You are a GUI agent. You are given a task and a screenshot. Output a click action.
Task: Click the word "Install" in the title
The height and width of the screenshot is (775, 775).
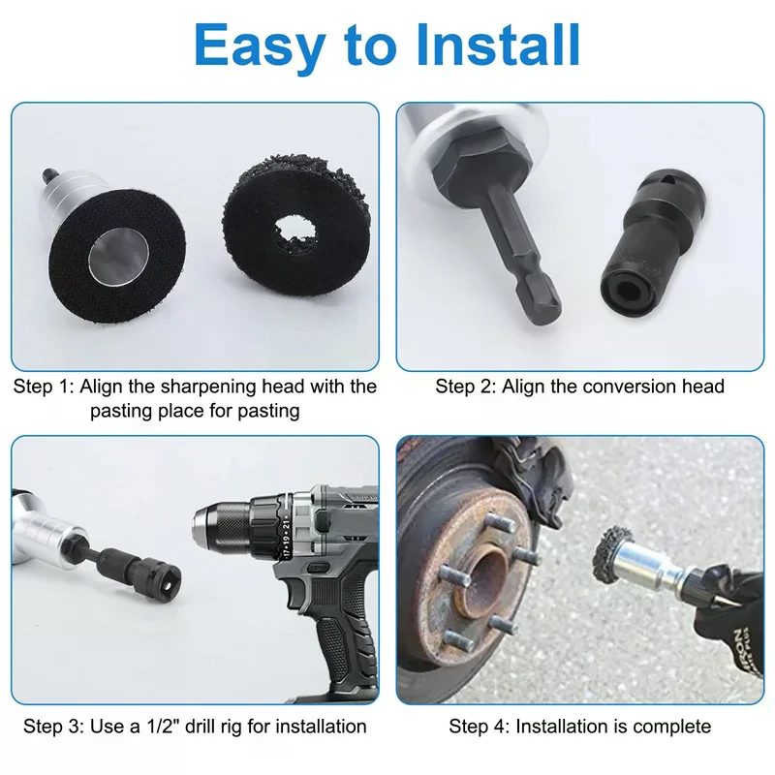[x=498, y=45]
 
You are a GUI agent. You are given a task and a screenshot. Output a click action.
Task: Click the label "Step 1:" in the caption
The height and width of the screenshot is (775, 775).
[x=44, y=387]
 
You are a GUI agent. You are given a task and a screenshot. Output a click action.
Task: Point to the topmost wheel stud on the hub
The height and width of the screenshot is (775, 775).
[x=498, y=522]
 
